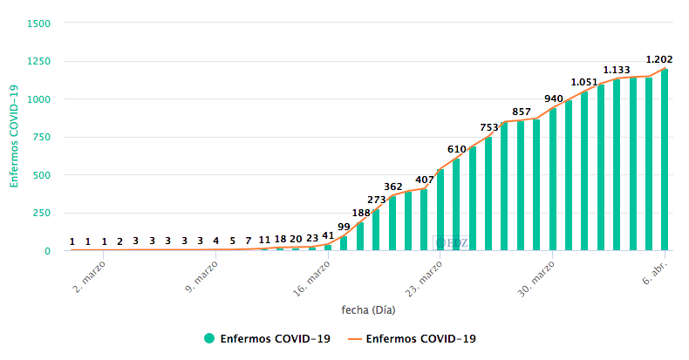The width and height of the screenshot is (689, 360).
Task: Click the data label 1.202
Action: pyautogui.click(x=658, y=60)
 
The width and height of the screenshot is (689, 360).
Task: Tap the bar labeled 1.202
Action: pyautogui.click(x=665, y=160)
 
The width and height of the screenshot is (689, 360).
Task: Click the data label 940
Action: pyautogui.click(x=553, y=99)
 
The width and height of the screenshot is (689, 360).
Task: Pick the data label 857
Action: pyautogui.click(x=522, y=112)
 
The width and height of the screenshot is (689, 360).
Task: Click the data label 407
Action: pyautogui.click(x=425, y=180)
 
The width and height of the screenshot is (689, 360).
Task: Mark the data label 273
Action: pyautogui.click(x=377, y=200)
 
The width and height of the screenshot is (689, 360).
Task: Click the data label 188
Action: pyautogui.click(x=361, y=213)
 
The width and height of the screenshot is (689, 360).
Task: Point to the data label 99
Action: pyautogui.click(x=344, y=227)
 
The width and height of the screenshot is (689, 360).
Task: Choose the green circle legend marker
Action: pyautogui.click(x=209, y=338)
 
